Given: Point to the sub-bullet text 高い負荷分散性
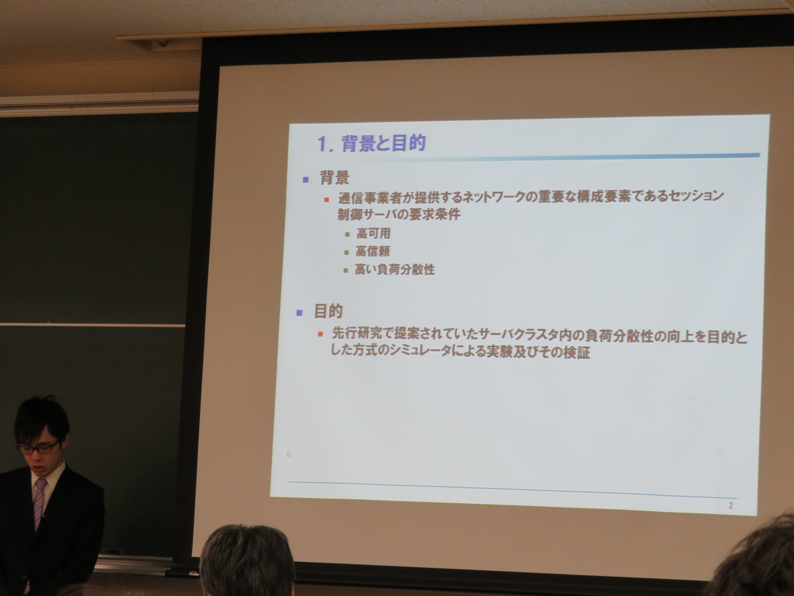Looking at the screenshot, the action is tap(395, 269).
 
